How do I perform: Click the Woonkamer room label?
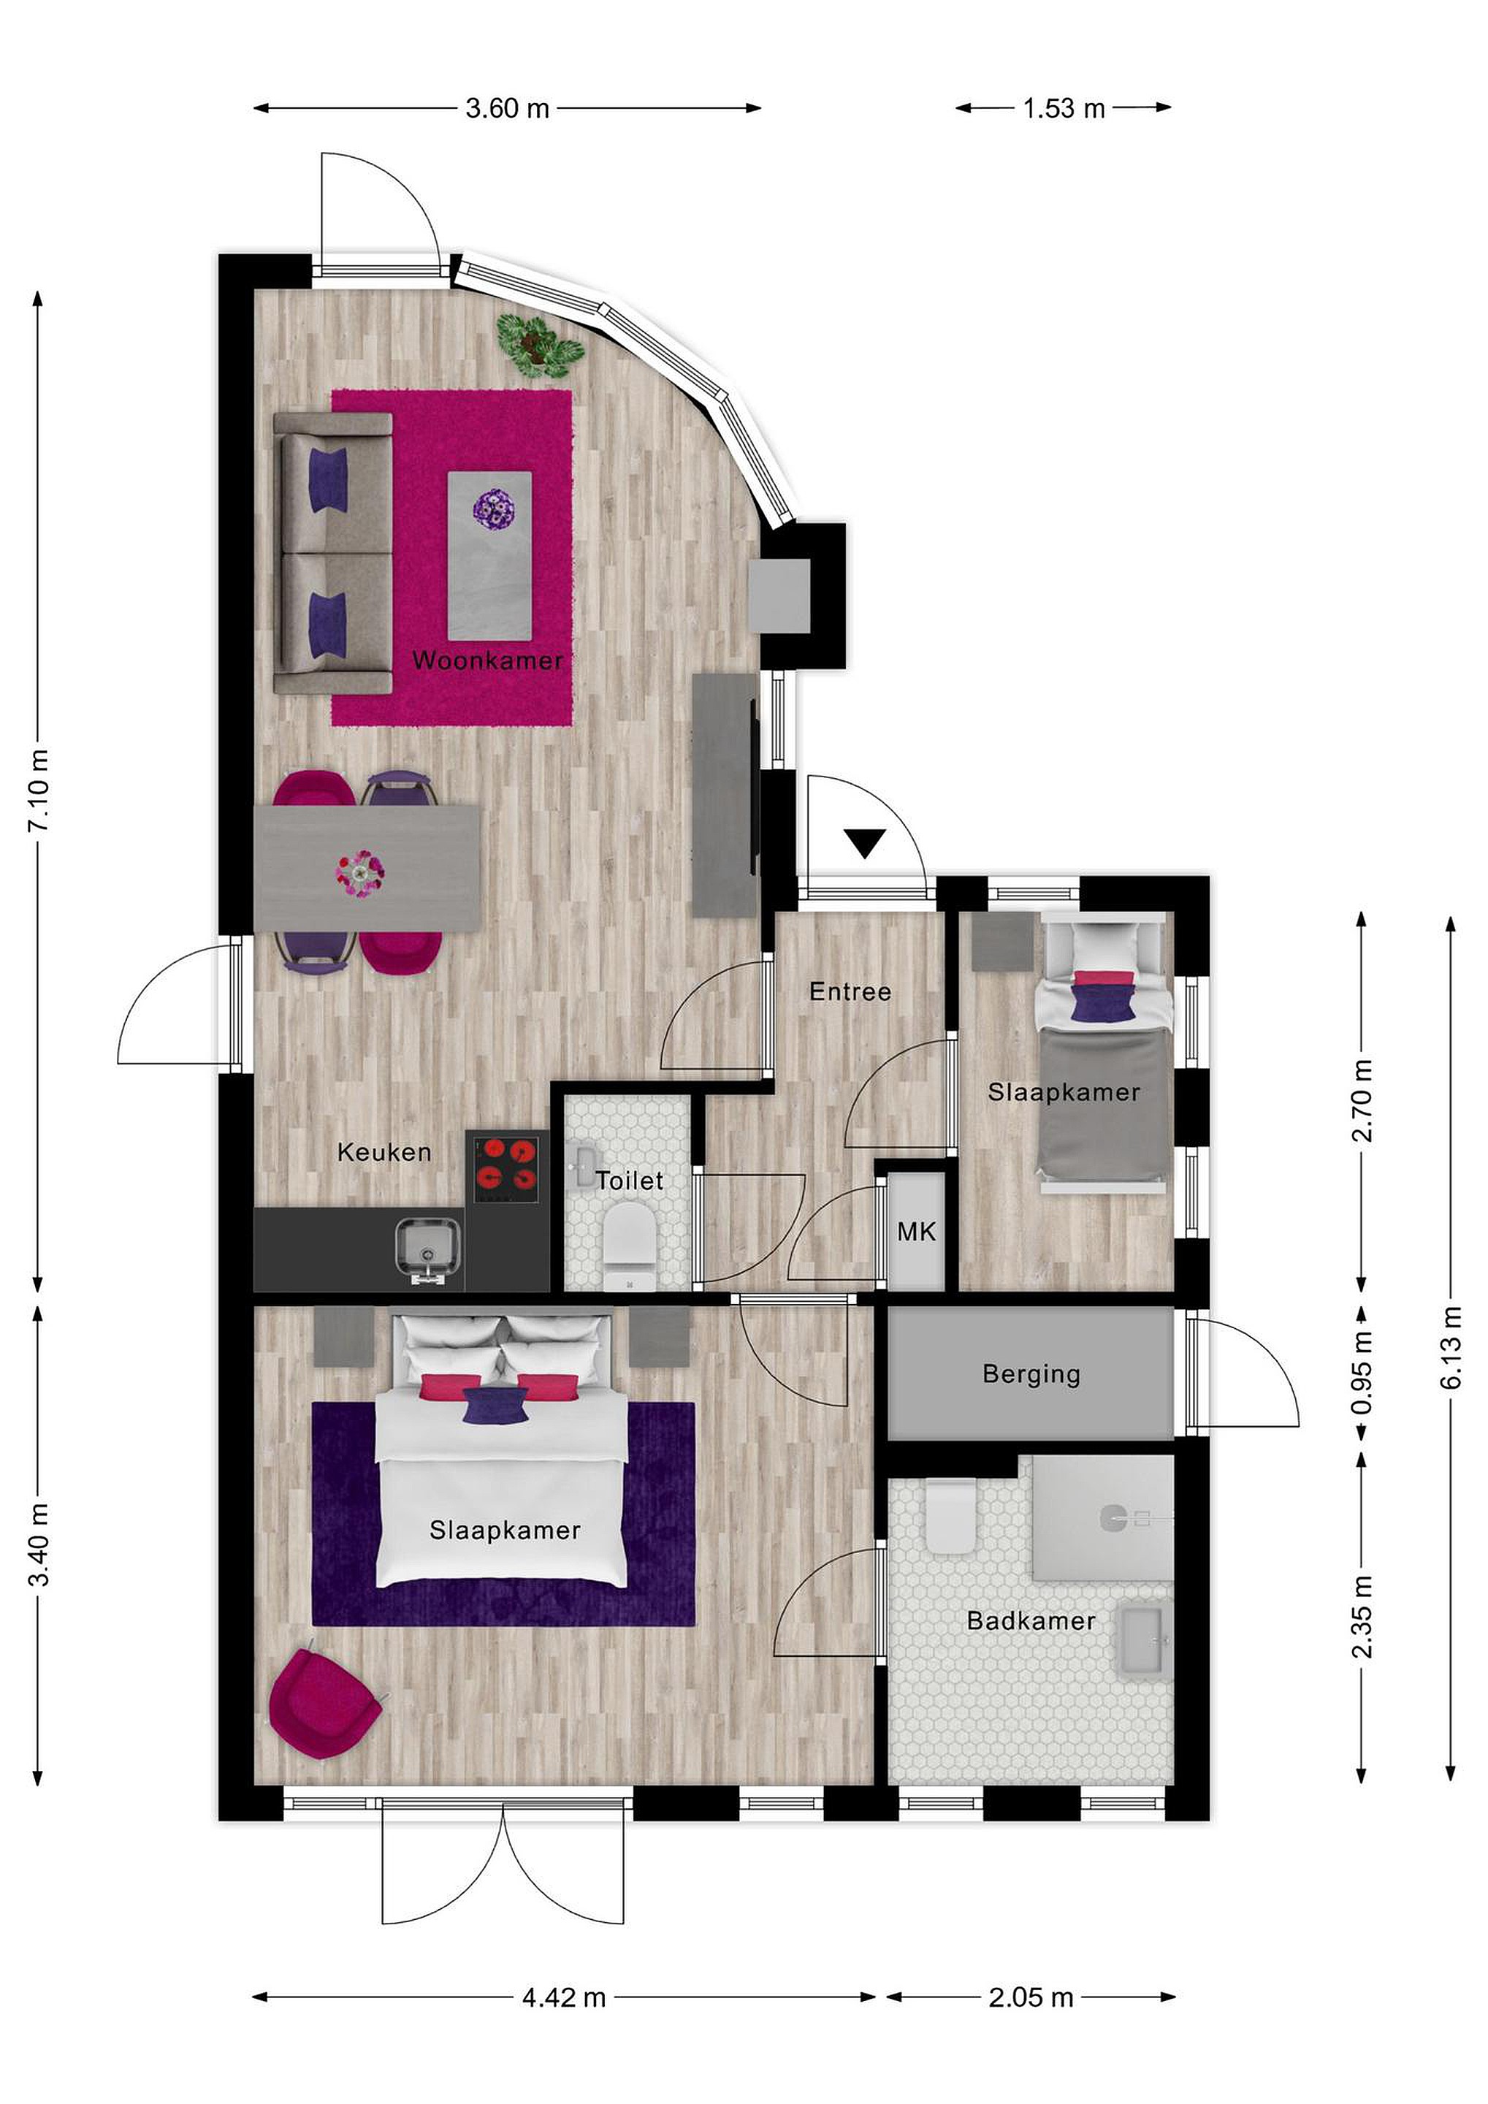tap(487, 660)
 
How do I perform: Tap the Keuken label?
tap(384, 1152)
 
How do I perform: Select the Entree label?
tap(850, 991)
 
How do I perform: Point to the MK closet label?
tap(916, 1232)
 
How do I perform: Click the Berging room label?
tap(1031, 1375)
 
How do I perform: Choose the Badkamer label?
tap(1031, 1621)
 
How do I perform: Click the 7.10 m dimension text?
tap(39, 791)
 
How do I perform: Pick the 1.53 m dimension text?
tap(1064, 108)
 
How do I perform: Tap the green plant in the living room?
tap(540, 345)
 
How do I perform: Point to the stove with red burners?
tap(507, 1170)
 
